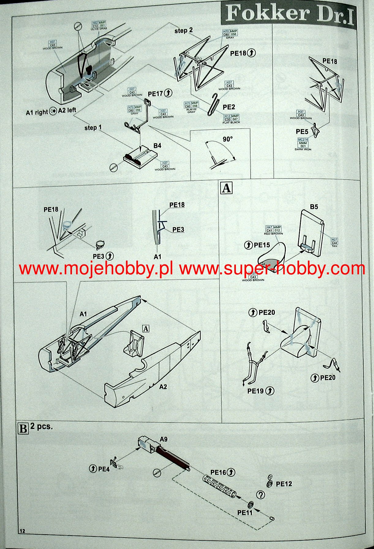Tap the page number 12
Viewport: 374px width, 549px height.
[x=22, y=531]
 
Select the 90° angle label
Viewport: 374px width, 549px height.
[x=227, y=139]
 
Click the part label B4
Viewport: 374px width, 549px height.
[x=157, y=146]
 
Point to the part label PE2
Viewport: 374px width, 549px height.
[x=229, y=107]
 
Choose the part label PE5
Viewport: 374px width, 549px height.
[x=302, y=132]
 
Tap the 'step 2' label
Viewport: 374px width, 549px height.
[x=184, y=31]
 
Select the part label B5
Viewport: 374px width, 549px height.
[x=314, y=207]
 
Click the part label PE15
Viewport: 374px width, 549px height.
[x=262, y=245]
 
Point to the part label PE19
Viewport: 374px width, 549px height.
[x=256, y=391]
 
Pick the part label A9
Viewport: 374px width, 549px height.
[x=164, y=439]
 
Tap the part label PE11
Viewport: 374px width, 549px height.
[x=245, y=512]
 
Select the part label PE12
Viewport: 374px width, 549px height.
[x=284, y=484]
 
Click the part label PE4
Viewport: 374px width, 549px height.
[x=104, y=469]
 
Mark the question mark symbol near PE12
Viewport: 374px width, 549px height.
[x=261, y=495]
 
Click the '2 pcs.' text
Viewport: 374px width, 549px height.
[x=41, y=426]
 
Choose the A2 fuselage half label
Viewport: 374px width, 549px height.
[x=163, y=387]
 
